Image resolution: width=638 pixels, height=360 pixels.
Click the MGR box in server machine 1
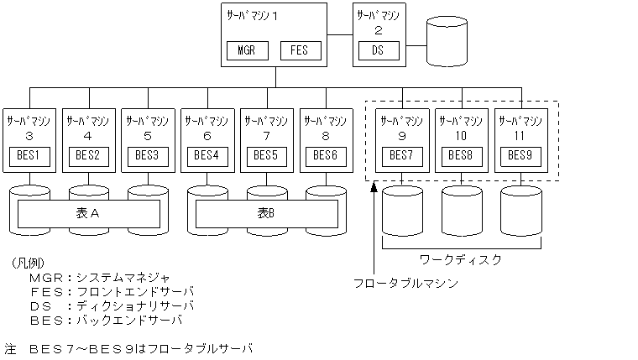coord(247,50)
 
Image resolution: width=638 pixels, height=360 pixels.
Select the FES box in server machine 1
coord(299,50)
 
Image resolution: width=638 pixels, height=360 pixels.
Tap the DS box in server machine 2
coord(379,50)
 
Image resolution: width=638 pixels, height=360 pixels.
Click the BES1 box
coord(29,155)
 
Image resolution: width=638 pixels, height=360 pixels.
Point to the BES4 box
coord(207,155)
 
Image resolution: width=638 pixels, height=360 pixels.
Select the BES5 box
coord(266,155)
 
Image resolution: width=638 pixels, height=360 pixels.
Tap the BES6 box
coord(326,155)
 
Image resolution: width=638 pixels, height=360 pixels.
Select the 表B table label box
coord(266,214)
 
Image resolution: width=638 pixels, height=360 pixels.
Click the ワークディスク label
coord(460,259)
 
